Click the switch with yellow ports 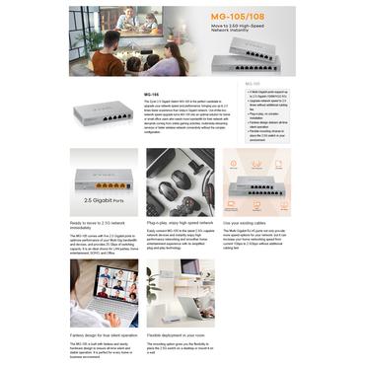[102, 181]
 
